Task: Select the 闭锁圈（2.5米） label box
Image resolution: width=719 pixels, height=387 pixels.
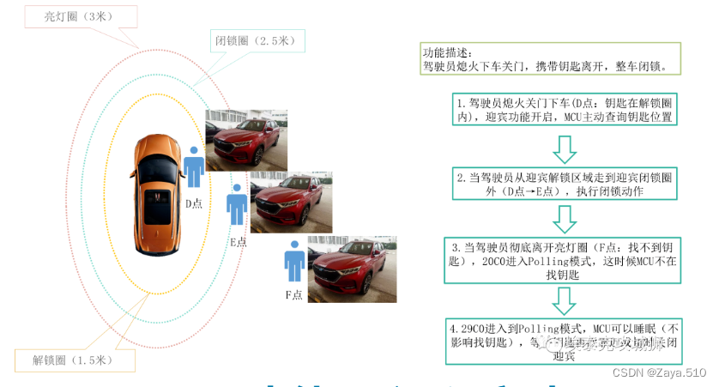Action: coord(256,39)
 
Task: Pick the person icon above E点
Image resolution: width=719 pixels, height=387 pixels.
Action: coord(237,209)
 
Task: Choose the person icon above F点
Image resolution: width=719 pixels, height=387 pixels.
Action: coord(294,261)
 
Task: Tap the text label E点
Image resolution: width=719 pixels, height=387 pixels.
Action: coord(238,242)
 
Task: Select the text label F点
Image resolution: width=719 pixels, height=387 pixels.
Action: coord(294,294)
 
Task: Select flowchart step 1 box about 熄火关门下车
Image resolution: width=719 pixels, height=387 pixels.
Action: coord(563,109)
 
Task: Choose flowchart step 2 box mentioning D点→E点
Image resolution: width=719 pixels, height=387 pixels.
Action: coord(563,184)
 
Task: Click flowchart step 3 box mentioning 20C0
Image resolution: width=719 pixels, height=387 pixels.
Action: coord(563,260)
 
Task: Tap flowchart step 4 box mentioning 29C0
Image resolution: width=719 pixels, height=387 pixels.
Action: coord(563,342)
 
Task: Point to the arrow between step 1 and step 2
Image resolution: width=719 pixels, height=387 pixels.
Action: coord(564,148)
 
